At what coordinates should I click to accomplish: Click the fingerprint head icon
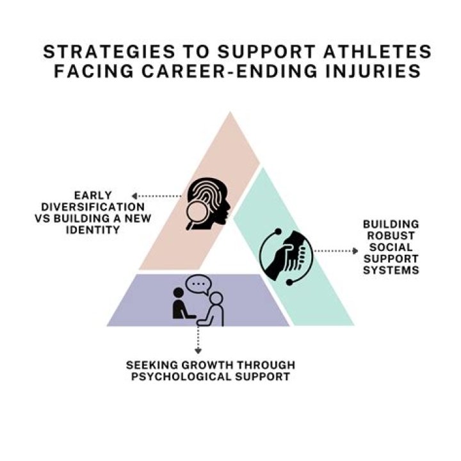click(208, 204)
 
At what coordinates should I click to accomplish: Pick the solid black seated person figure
click(181, 303)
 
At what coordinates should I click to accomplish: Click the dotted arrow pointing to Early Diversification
click(156, 196)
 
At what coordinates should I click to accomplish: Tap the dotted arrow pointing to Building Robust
click(336, 251)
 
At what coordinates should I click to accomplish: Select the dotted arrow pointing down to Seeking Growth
click(198, 339)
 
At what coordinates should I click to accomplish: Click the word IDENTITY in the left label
click(93, 230)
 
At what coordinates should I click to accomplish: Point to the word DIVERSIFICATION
click(93, 207)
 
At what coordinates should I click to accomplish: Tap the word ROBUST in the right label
click(391, 236)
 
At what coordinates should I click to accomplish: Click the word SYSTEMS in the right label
click(391, 270)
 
